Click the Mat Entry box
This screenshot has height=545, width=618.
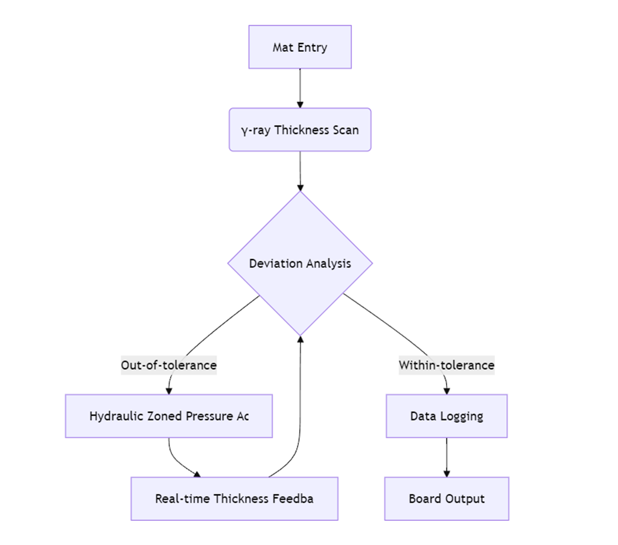click(x=300, y=47)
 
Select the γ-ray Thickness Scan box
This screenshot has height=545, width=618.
click(x=300, y=130)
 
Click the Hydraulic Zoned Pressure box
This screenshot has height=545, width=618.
click(x=169, y=416)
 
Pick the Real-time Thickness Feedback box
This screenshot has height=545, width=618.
click(x=234, y=499)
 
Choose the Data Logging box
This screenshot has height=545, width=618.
click(x=447, y=416)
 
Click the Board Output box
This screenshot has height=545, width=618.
click(x=447, y=499)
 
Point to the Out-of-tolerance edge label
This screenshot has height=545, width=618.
click(x=168, y=365)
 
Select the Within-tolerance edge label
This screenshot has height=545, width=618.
click(x=447, y=365)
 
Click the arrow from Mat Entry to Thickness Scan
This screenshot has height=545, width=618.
click(x=300, y=88)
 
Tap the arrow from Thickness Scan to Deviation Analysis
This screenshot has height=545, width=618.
click(x=300, y=170)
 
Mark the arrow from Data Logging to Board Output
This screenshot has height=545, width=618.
click(x=447, y=457)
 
